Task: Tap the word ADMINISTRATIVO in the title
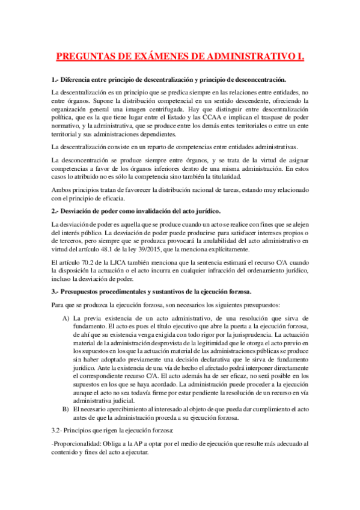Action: click(249, 57)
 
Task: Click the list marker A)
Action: click(66, 318)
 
